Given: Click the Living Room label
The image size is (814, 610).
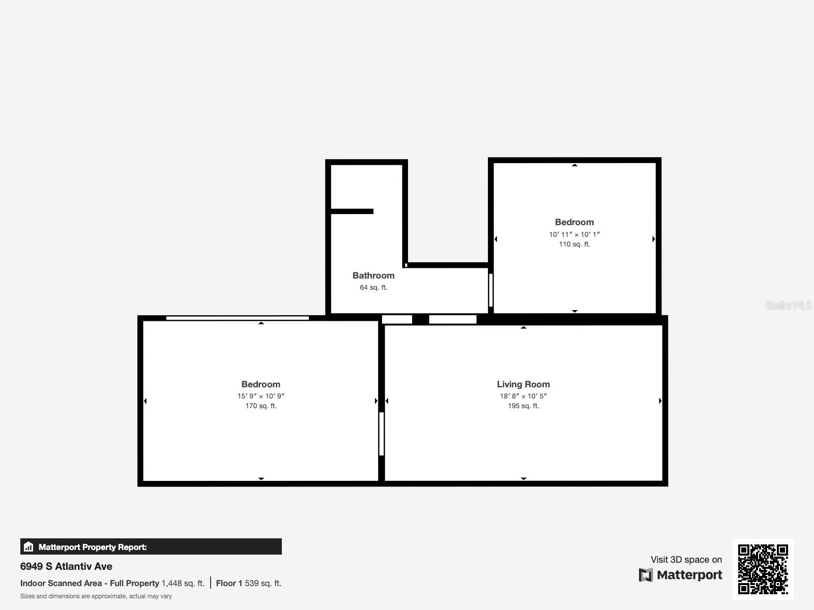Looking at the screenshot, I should pos(523,384).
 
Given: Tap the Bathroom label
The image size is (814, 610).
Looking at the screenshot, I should pos(373,276).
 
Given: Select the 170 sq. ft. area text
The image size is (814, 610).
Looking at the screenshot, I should pos(260,406).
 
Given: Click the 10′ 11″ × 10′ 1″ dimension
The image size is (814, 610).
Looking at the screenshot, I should pos(574,234).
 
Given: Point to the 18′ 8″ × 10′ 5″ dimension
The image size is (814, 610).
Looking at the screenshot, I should pos(523,396).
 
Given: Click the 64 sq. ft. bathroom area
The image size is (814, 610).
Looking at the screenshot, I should pos(373,287).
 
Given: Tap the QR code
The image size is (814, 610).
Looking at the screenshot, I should pos(763,569).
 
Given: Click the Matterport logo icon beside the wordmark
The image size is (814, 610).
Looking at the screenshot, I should pos(646,575).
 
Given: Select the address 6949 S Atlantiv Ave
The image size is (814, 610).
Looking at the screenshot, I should pos(66,566).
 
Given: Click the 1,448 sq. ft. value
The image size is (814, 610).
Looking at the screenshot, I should pos(183,583).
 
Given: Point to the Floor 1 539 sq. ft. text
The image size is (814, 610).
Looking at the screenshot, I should pos(248,583).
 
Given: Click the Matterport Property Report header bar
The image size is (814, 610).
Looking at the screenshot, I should pos(151,546).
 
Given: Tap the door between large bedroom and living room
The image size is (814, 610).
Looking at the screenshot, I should pos(381,434).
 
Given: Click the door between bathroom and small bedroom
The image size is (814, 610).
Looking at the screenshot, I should pos(490,290).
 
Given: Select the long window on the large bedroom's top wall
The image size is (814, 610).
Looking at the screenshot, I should pos(237,318).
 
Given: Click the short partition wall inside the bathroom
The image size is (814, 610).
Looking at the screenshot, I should pos(352,211).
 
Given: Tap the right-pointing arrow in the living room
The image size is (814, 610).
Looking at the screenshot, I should pos(660,401).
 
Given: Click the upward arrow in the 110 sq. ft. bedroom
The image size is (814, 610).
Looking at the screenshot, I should pos(574,165).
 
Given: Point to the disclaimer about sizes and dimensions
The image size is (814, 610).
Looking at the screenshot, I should pos(96,596).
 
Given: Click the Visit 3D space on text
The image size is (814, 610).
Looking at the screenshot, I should pos(686,560).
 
